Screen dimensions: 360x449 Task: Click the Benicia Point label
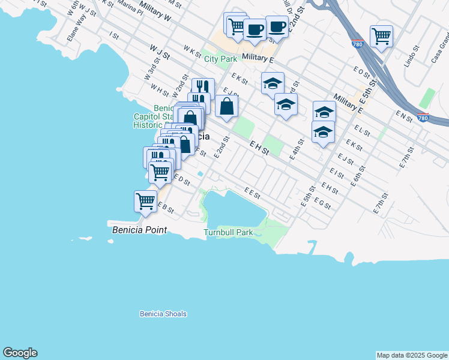[138, 230]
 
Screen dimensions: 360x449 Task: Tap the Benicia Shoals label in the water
[163, 314]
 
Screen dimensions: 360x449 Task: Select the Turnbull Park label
[228, 232]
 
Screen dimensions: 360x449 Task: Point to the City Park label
[220, 59]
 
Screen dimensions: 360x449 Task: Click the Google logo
[20, 353]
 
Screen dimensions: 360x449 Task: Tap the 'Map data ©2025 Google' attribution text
[411, 355]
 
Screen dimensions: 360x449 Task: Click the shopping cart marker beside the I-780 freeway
[381, 37]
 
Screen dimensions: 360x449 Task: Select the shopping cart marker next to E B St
[145, 201]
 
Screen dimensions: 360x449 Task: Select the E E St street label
[252, 192]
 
